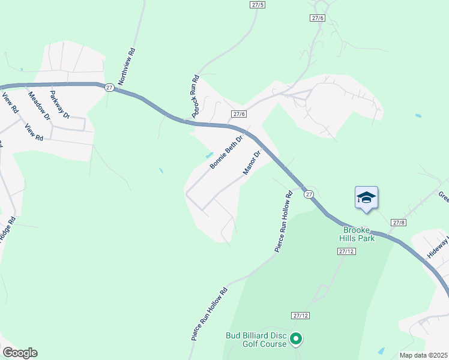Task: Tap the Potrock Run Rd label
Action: point(194,96)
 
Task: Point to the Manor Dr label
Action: point(252,163)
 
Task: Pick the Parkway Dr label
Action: point(60,104)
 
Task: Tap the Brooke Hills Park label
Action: point(359,234)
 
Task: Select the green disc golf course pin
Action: point(295,340)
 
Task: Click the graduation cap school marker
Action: point(366,197)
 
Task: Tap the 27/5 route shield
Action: point(257,4)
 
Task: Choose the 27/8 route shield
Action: point(399,222)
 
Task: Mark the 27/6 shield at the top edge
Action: point(318,18)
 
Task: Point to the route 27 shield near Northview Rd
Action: point(109,87)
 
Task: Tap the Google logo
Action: point(19,353)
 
